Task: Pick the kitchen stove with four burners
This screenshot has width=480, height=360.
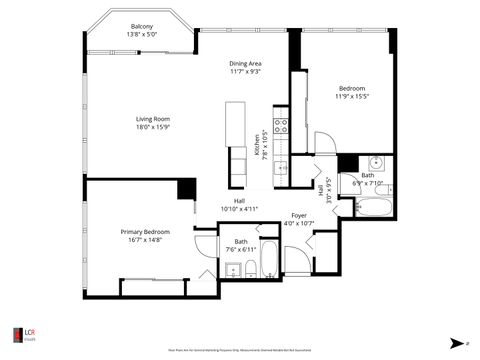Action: click(281, 128)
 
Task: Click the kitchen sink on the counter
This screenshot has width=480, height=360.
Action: click(282, 166)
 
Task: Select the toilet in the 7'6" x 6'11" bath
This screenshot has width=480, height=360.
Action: click(250, 268)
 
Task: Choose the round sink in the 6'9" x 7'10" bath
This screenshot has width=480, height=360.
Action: click(376, 163)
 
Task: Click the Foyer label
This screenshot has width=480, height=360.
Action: click(298, 215)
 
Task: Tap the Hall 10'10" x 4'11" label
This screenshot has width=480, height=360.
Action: click(239, 205)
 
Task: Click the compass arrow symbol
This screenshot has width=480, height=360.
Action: click(454, 340)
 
